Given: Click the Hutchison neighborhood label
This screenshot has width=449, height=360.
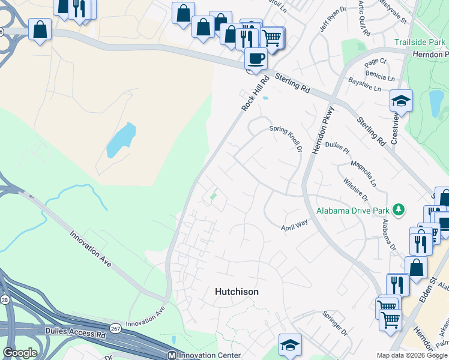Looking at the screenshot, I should tap(237, 292).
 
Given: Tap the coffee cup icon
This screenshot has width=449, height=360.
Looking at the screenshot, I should tap(256, 59).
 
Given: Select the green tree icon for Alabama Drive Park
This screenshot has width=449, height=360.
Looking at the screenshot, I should tap(397, 209).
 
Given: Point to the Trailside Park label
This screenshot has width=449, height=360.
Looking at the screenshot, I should tap(420, 42).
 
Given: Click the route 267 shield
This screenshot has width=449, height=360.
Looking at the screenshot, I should tap(115, 328).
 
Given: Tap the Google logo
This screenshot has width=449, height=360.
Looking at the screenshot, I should tap(20, 352).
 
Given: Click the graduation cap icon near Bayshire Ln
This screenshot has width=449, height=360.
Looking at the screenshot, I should tap(401, 100).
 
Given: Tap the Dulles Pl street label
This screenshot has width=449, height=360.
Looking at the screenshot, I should tap(336, 146).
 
